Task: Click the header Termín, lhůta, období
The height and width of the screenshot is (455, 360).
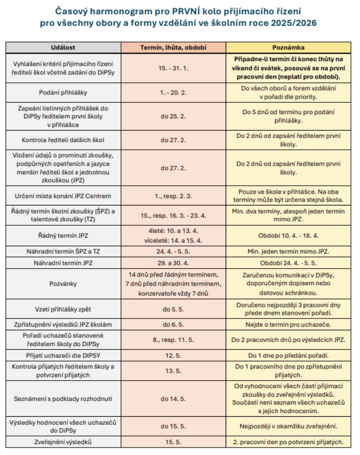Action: pos(173,47)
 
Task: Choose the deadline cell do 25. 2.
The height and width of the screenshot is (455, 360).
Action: pos(173,116)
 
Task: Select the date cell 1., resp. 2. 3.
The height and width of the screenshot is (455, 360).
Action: pos(173,195)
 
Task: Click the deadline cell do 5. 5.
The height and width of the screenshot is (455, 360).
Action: pos(173,310)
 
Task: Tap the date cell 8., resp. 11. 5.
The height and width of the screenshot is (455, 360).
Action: pos(173,340)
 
